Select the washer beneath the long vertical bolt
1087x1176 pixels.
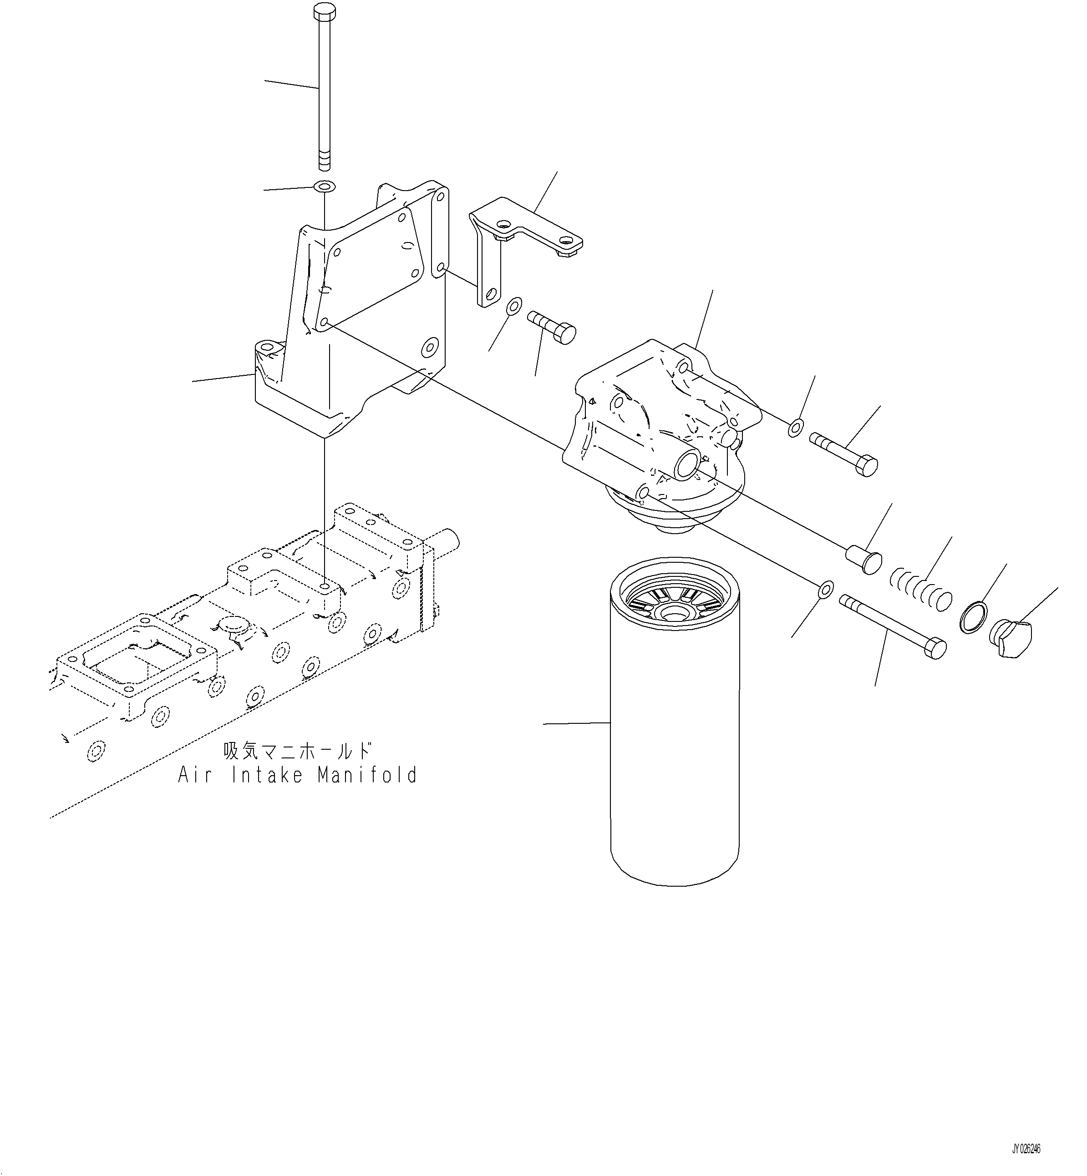point(324,187)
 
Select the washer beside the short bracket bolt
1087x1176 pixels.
point(513,306)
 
